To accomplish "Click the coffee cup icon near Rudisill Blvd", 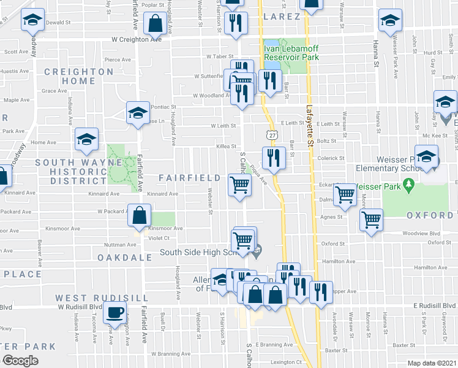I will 114,313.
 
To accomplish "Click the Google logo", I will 20,361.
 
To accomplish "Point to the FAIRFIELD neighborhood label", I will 190,178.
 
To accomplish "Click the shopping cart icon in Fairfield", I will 240,185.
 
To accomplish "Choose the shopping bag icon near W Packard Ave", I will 140,215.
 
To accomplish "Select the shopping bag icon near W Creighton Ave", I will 156,24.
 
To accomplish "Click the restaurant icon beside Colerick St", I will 274,158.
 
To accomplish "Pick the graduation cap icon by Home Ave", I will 86,139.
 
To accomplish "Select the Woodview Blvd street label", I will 422,234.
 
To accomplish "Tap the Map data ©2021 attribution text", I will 432,363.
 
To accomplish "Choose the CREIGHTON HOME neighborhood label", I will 79,76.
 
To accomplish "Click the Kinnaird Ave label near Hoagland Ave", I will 162,194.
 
